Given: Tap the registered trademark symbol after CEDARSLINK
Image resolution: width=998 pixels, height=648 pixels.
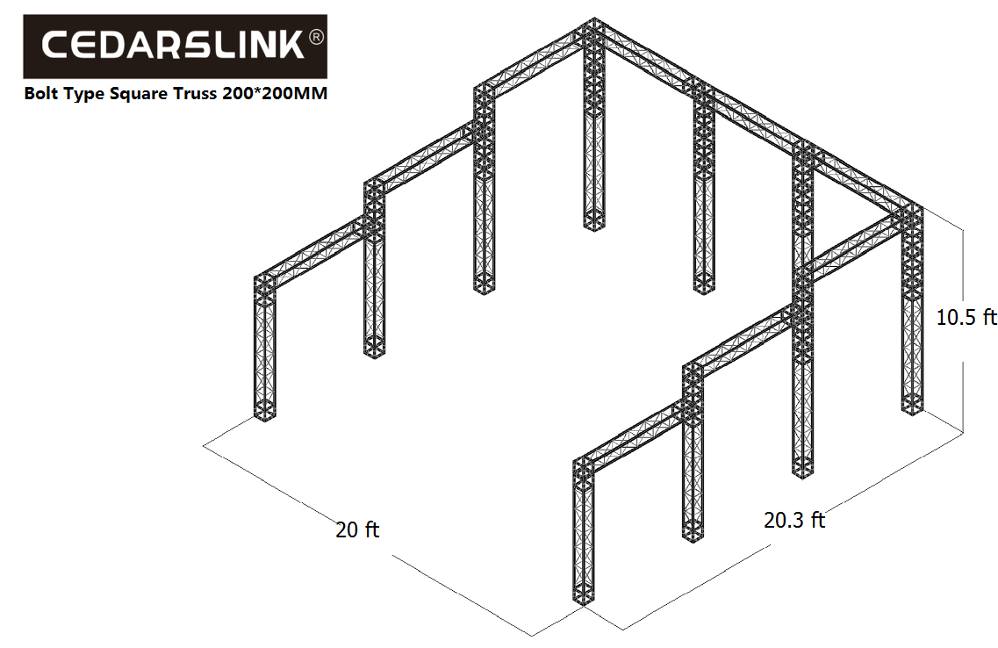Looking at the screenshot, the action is coord(316,38).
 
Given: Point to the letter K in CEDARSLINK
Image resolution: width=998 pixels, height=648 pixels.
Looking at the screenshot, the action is coord(293,46).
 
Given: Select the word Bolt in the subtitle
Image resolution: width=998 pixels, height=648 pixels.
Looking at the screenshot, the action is coord(41,94).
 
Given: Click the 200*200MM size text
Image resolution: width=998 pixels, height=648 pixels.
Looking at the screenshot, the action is coord(275,94).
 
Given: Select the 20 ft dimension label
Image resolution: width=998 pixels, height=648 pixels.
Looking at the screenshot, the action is coord(357,529).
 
